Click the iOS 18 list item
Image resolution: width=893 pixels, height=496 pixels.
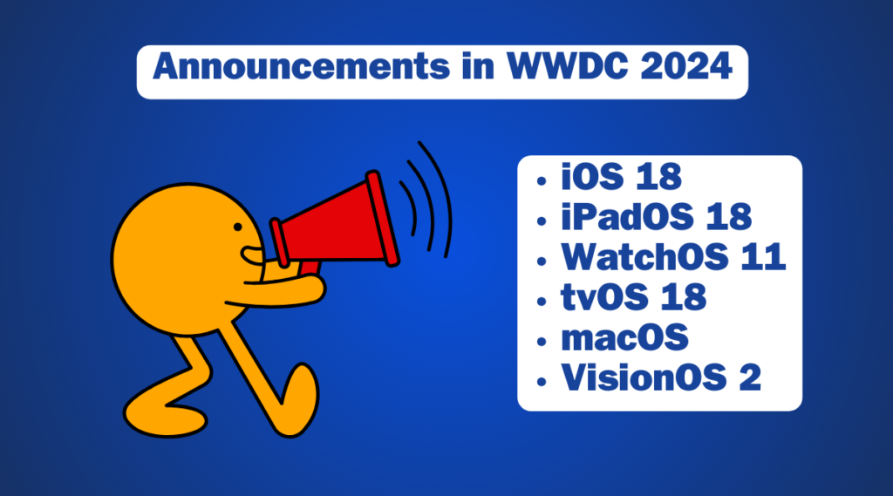click(620, 178)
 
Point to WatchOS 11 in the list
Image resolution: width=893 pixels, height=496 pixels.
click(672, 258)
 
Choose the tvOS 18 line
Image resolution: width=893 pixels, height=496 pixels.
click(633, 297)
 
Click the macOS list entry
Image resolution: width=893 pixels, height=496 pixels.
click(624, 337)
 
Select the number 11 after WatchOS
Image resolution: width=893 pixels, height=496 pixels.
click(762, 258)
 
